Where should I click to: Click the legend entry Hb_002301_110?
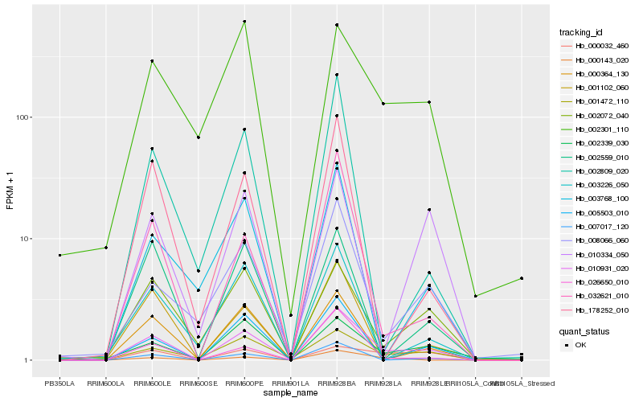(600, 129)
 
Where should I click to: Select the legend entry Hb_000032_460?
(600, 46)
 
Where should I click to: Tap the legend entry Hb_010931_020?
(600, 269)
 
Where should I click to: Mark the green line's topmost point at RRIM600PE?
(244, 22)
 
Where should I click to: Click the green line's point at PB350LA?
(59, 255)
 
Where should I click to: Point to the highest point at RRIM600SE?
(198, 137)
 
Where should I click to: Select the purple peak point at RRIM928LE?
(429, 210)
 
